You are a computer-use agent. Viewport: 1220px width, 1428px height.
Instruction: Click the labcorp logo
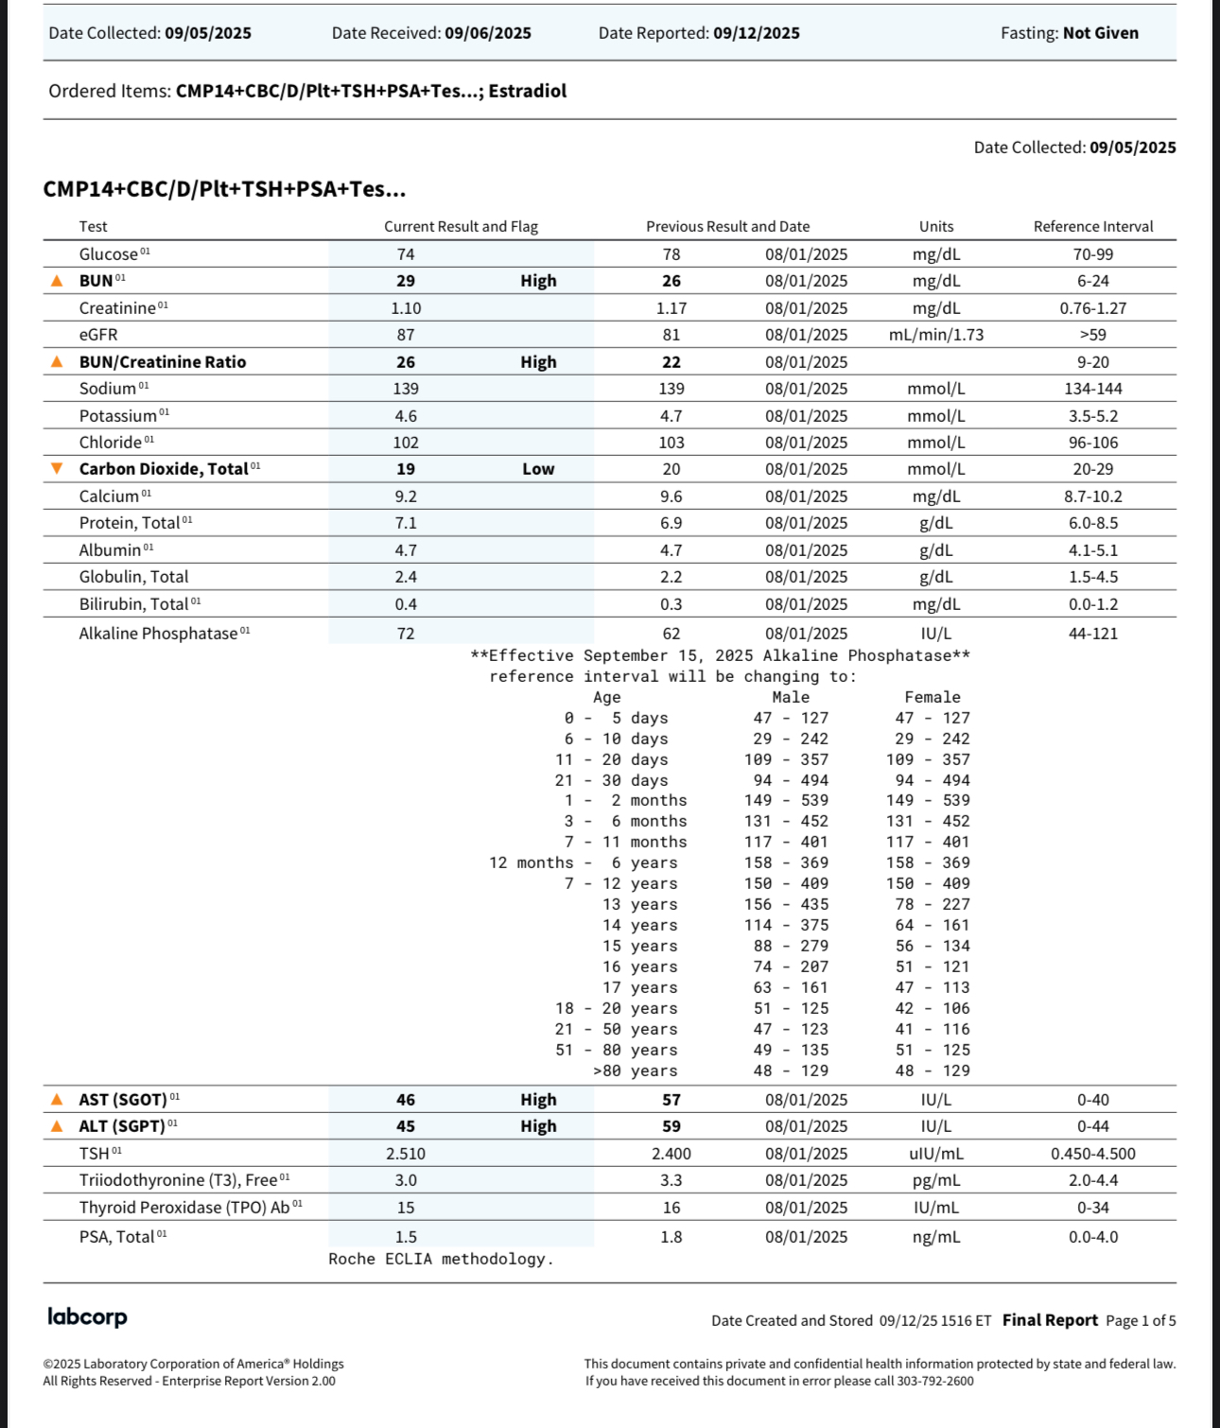87,1316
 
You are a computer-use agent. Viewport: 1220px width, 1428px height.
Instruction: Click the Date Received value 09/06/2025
488,33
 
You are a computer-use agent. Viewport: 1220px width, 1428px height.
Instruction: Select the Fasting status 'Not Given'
1100,33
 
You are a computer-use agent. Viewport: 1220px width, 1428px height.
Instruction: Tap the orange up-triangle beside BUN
57,281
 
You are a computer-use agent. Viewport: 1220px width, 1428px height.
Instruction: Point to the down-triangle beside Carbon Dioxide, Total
57,469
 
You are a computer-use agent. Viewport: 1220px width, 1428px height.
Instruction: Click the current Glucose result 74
406,254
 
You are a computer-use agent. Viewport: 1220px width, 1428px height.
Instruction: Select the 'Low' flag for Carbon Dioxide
538,469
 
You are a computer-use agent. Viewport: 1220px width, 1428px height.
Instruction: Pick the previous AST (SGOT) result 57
671,1100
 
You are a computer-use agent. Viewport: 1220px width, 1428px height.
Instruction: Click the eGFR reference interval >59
1092,335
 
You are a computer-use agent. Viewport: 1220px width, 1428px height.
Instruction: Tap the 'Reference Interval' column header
1092,227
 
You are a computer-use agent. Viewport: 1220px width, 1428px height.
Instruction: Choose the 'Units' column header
936,227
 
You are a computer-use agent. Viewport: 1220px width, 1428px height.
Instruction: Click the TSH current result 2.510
406,1154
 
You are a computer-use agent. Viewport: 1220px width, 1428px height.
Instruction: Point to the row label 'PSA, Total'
116,1237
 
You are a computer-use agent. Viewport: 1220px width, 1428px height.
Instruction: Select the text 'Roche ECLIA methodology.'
441,1259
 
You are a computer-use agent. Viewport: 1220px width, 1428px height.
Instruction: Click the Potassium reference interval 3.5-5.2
1092,416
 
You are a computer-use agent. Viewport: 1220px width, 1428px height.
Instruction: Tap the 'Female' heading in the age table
932,697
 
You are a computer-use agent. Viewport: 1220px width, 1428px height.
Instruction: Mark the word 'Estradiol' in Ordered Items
528,91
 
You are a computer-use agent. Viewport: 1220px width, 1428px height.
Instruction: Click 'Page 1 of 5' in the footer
1141,1320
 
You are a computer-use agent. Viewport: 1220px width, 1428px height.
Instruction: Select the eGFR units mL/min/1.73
936,335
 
